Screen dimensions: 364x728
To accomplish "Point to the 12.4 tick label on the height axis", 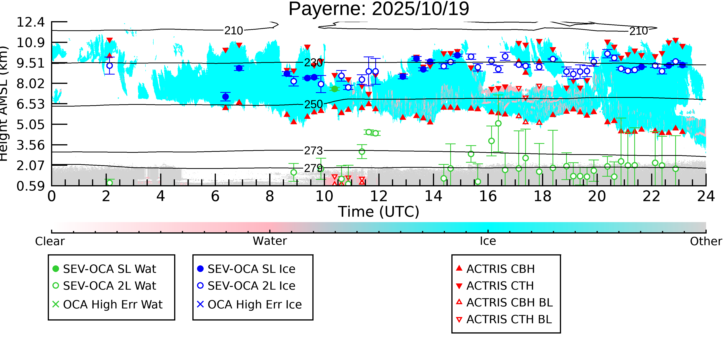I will [x=30, y=22].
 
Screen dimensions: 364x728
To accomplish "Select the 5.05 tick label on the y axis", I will [x=30, y=125].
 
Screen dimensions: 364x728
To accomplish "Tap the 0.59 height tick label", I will [x=30, y=186].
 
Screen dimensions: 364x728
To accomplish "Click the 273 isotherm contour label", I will [x=313, y=151].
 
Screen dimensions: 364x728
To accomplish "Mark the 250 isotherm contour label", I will [x=313, y=104].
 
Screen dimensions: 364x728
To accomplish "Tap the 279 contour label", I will [x=313, y=168].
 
